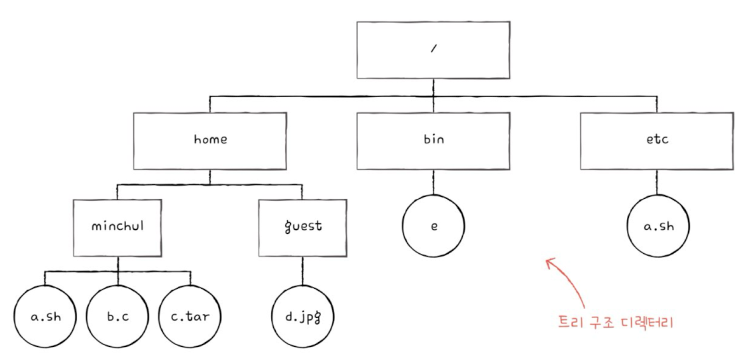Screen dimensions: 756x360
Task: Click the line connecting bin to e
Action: coord(434,182)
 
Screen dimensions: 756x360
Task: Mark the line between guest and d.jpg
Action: coord(302,271)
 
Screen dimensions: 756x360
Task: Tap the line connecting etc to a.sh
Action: coord(657,182)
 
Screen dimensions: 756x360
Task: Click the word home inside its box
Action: coord(211,139)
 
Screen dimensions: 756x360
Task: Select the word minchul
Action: coord(118,226)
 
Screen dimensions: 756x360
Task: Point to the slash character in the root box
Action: coord(434,48)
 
